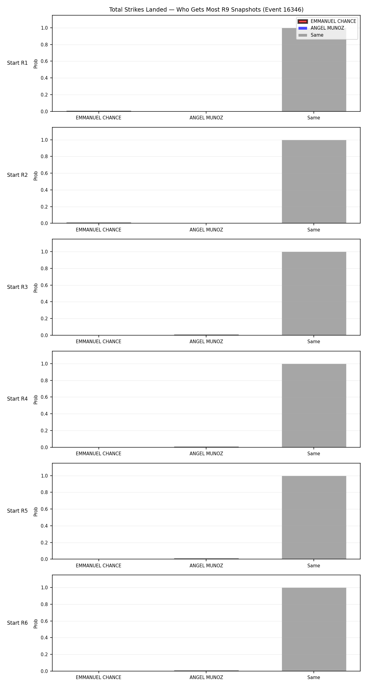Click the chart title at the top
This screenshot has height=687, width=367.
206,10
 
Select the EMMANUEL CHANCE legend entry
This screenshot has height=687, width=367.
327,21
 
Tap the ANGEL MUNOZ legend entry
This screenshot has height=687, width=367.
321,28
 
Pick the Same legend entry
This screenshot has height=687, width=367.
311,35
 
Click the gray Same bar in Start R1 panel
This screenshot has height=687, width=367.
314,70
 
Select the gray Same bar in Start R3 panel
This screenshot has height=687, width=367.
314,293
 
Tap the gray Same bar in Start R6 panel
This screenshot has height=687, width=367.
314,629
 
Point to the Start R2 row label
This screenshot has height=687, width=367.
17,175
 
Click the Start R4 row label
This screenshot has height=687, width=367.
17,399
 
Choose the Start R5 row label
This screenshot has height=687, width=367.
17,511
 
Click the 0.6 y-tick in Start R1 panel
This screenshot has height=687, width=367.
45,61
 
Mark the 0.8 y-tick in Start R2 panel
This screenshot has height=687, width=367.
45,157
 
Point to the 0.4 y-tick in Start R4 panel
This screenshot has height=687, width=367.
45,414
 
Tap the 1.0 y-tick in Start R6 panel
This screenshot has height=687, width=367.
45,588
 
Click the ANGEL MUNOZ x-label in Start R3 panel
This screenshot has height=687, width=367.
206,342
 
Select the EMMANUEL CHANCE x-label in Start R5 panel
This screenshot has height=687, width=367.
98,566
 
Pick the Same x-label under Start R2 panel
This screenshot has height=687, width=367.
314,230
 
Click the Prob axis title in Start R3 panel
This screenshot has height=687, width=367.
36,288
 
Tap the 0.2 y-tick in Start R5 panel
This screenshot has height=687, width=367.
45,543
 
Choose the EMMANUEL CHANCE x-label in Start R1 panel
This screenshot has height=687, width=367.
98,118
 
